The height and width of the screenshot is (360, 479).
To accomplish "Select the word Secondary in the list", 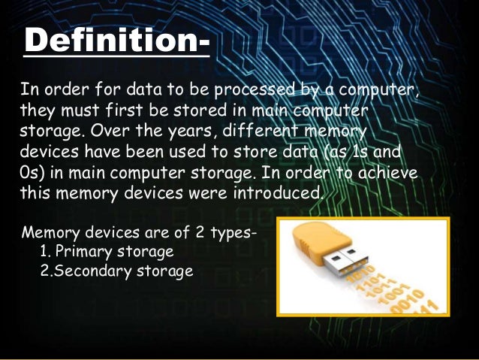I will (x=89, y=270).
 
